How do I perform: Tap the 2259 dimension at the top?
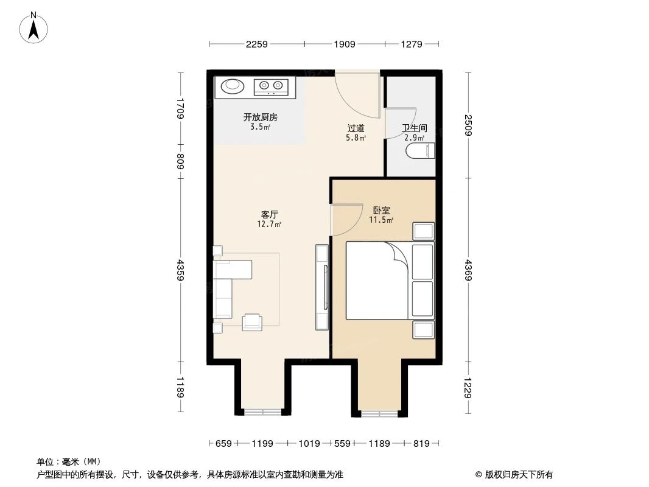point(258,44)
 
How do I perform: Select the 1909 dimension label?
point(344,44)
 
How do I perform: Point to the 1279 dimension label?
point(412,44)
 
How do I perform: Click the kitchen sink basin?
point(233,86)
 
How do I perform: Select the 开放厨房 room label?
point(260,117)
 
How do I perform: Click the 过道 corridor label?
point(356,128)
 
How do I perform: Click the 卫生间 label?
point(414,128)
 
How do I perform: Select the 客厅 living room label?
point(269,215)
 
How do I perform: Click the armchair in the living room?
point(252,322)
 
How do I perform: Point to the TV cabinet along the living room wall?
point(322,287)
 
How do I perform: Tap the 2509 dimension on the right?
point(468,126)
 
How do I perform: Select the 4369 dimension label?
point(468,269)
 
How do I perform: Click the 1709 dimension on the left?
point(180,108)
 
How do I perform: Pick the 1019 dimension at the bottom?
point(309,444)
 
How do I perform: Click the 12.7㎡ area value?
point(269,224)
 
